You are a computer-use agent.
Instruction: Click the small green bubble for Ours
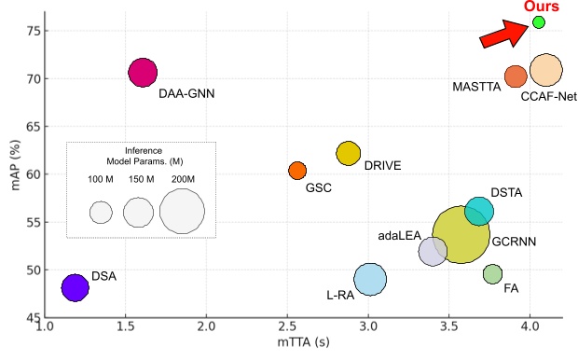[x=538, y=21]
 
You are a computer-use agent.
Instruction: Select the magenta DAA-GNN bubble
[x=143, y=72]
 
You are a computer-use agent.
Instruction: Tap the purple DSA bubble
[x=75, y=287]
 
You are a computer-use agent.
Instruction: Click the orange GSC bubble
[x=297, y=170]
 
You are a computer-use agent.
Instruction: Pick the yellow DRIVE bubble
[x=348, y=153]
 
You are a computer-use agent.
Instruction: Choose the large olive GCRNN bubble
[x=461, y=236]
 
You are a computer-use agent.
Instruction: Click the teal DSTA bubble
[x=479, y=211]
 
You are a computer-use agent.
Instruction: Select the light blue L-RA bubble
[x=370, y=279]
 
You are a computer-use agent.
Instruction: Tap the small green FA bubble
[x=492, y=273]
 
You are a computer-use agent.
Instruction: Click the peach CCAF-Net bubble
[x=545, y=70]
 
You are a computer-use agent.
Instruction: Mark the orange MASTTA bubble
[x=516, y=76]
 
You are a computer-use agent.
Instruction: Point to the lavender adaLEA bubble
[x=433, y=251]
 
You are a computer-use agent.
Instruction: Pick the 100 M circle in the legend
[x=101, y=212]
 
